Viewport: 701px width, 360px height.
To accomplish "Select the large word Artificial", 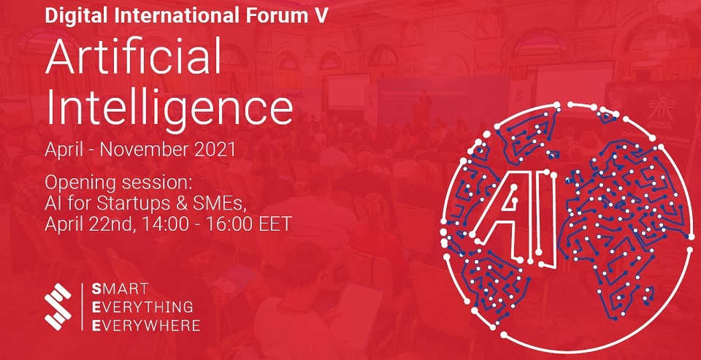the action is pyautogui.click(x=133, y=55).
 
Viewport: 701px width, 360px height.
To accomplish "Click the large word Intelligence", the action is pyautogui.click(x=169, y=107).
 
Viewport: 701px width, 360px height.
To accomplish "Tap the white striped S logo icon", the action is pyautogui.click(x=58, y=307).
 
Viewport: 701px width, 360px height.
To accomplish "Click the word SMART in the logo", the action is pyautogui.click(x=120, y=289).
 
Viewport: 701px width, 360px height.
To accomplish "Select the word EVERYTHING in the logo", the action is pyautogui.click(x=142, y=307).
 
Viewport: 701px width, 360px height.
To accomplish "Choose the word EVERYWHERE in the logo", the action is pyautogui.click(x=146, y=326).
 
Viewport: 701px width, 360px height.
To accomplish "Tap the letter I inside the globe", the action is pyautogui.click(x=548, y=221).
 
